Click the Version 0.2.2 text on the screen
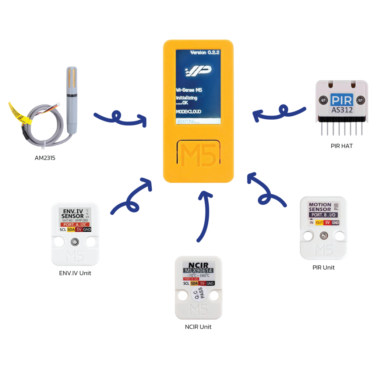(205, 53)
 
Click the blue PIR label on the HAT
(341, 100)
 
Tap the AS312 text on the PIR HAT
(341, 110)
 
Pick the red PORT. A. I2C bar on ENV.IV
(75, 224)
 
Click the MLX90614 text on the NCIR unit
(199, 271)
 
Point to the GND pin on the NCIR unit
(210, 283)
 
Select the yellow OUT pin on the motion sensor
(319, 222)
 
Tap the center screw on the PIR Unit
(324, 235)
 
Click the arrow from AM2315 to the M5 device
(120, 119)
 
